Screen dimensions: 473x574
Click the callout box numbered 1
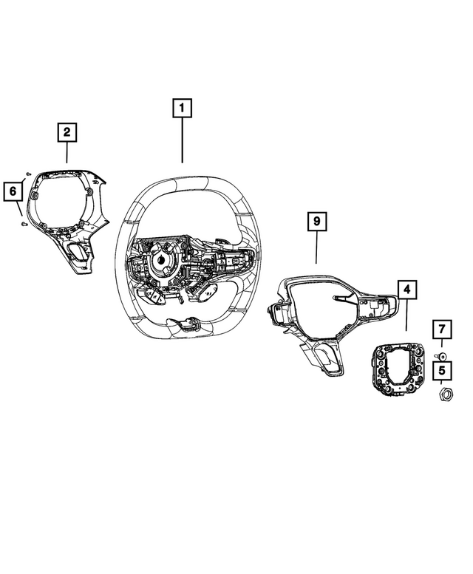click(x=182, y=108)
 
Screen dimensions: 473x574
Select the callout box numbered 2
click(x=67, y=132)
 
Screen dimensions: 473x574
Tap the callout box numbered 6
click(x=13, y=191)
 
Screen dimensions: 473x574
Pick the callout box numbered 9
click(x=316, y=221)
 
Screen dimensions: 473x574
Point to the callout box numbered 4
click(x=406, y=290)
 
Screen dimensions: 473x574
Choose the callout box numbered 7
click(x=442, y=329)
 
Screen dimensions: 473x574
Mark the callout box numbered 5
click(x=442, y=370)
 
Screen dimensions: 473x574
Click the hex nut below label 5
click(x=446, y=394)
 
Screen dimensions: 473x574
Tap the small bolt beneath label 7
click(x=440, y=356)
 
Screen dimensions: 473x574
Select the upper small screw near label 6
click(x=28, y=173)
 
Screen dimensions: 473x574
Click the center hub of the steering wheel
click(x=161, y=260)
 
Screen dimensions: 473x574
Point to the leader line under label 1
click(x=183, y=140)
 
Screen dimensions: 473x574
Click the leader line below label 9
click(x=316, y=247)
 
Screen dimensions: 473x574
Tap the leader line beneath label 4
click(x=406, y=315)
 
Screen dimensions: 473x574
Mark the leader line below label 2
click(x=67, y=152)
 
